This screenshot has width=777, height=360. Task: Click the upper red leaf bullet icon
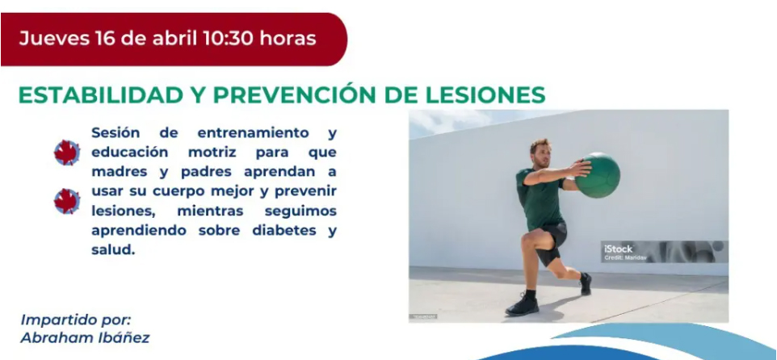click(x=66, y=152)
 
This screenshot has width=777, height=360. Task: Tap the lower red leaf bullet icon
click(x=66, y=201)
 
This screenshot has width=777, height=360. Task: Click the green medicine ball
click(x=598, y=175)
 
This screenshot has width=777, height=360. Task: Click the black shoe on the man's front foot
click(x=522, y=304)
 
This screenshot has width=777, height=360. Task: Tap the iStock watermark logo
click(x=619, y=249)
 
